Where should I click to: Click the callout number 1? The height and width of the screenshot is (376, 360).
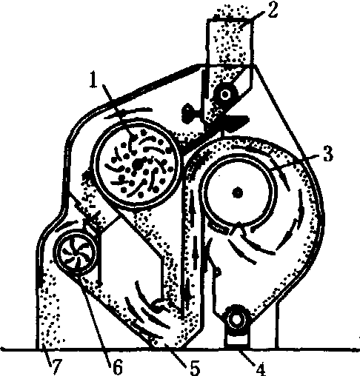point(93,79)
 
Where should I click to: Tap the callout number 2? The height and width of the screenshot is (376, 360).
point(273,10)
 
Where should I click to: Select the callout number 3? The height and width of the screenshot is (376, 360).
point(328,153)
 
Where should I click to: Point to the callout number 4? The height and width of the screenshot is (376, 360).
point(260,369)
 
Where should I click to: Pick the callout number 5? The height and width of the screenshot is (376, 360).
point(195,368)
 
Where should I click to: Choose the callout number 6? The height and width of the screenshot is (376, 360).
point(117,366)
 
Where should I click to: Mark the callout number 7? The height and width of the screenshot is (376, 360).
point(56,366)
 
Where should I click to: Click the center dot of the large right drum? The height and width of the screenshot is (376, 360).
point(238,192)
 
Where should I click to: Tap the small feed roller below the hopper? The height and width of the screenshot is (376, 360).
point(224,95)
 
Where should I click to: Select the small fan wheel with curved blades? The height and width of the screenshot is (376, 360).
point(76,252)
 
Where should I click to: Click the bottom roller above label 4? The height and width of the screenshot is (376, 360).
point(236,319)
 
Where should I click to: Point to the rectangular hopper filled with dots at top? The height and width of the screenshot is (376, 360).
point(230,41)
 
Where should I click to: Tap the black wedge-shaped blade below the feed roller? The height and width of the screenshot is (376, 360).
point(235,121)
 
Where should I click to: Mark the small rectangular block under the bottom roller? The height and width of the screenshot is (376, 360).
point(236,340)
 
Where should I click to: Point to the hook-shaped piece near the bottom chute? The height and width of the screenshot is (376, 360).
point(161,306)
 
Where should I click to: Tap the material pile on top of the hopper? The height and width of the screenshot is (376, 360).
point(232,11)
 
